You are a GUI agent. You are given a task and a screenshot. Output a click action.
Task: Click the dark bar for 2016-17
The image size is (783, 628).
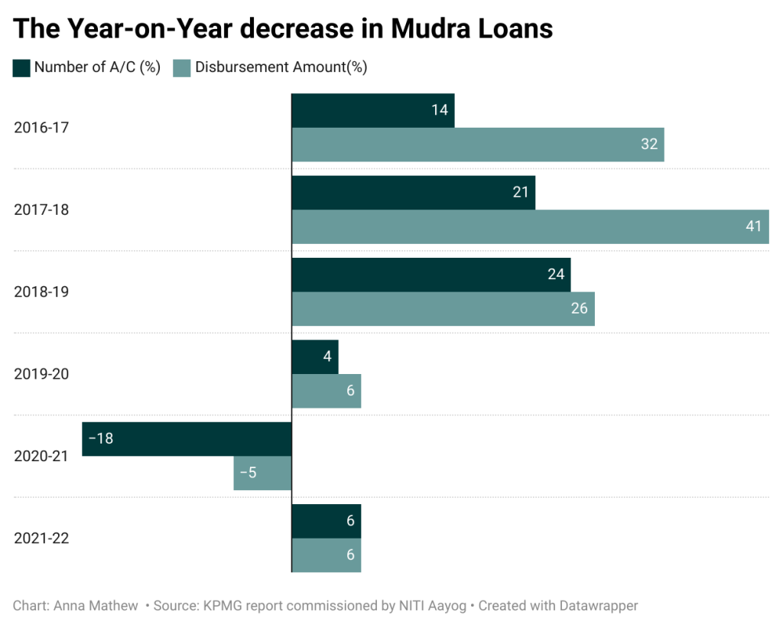click(x=372, y=110)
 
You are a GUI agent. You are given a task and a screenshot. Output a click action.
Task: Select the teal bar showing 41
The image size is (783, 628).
click(x=530, y=226)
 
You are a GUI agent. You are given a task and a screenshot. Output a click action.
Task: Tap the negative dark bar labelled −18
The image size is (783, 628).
click(x=187, y=439)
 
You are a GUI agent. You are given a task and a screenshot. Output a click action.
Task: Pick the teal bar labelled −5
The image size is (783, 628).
click(x=262, y=473)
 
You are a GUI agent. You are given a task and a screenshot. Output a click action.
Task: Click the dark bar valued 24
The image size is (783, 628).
click(x=430, y=275)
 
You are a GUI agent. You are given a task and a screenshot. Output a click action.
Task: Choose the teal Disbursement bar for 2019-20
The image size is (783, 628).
click(x=326, y=391)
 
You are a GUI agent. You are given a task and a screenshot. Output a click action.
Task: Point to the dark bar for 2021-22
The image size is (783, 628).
click(x=326, y=521)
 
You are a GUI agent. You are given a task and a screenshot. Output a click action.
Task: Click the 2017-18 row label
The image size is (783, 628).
click(x=41, y=209)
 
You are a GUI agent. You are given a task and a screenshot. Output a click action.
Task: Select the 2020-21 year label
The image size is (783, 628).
click(x=41, y=456)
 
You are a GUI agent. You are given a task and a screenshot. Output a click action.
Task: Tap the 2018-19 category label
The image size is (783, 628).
click(x=41, y=291)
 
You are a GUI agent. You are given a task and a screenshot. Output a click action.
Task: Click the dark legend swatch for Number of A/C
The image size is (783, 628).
click(x=21, y=67)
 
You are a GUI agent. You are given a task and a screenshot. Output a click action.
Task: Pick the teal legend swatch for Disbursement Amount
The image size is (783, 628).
click(x=182, y=67)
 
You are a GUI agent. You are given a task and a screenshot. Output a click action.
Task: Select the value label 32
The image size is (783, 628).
click(x=649, y=144)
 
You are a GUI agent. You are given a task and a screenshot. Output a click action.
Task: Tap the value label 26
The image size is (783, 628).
click(x=579, y=308)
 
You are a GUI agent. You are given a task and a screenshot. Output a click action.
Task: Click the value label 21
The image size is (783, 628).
click(x=521, y=192)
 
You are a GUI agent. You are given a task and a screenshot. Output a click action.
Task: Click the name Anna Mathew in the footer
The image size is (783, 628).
click(x=96, y=606)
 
